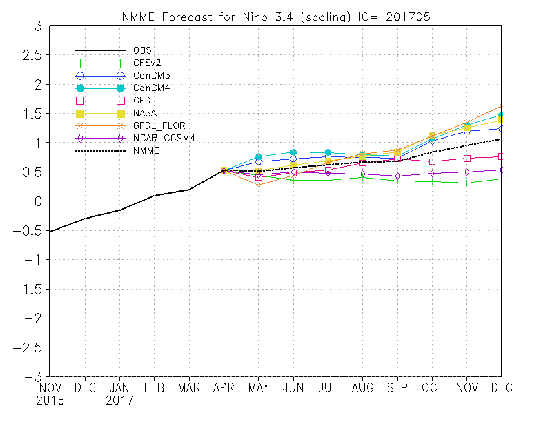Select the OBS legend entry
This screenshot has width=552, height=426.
[142, 50]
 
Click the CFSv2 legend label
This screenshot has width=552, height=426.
[148, 63]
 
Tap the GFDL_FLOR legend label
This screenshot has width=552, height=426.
[158, 125]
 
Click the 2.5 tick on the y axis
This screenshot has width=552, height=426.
[32, 55]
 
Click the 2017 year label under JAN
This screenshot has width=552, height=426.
[119, 400]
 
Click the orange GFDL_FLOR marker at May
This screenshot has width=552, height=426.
[258, 185]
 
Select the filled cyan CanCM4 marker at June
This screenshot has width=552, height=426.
[293, 152]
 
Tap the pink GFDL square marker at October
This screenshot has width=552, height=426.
[433, 161]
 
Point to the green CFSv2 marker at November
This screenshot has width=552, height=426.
[467, 183]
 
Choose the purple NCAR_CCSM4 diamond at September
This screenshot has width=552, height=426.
[397, 176]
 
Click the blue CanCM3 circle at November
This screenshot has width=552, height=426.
[467, 131]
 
